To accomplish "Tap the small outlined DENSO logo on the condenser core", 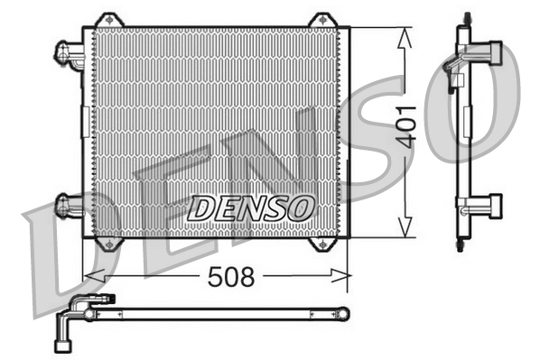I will pyautogui.click(x=251, y=208).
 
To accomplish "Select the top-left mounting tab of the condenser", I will pyautogui.click(x=108, y=20).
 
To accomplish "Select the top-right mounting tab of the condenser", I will pyautogui.click(x=321, y=20).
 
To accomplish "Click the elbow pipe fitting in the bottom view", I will pyautogui.click(x=70, y=320).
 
